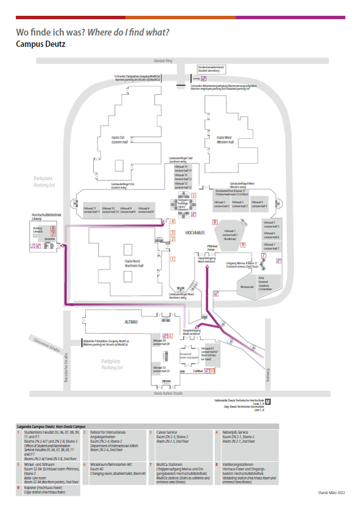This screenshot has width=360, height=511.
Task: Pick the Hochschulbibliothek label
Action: pos(46,216)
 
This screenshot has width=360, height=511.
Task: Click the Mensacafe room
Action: pos(247,287)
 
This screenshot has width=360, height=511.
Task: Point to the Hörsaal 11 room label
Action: pos(91,210)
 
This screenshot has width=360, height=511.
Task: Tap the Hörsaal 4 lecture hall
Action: pos(258,204)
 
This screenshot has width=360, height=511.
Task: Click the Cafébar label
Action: pos(198,371)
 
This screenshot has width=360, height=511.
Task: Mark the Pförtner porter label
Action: pos(212,248)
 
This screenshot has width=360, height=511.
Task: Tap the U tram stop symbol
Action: pos(268,402)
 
